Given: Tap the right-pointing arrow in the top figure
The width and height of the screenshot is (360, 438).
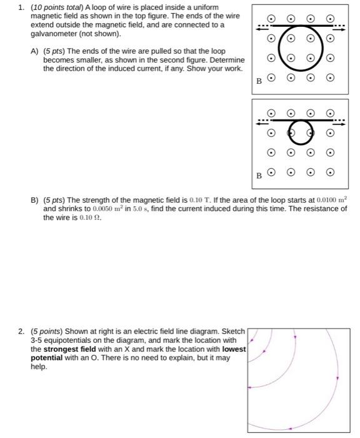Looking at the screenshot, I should (x=339, y=27).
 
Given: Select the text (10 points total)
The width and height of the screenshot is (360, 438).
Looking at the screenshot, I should (x=61, y=7).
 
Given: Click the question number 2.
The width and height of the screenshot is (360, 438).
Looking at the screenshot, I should (x=21, y=331).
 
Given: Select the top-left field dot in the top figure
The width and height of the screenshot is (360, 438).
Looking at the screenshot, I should (x=271, y=19).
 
